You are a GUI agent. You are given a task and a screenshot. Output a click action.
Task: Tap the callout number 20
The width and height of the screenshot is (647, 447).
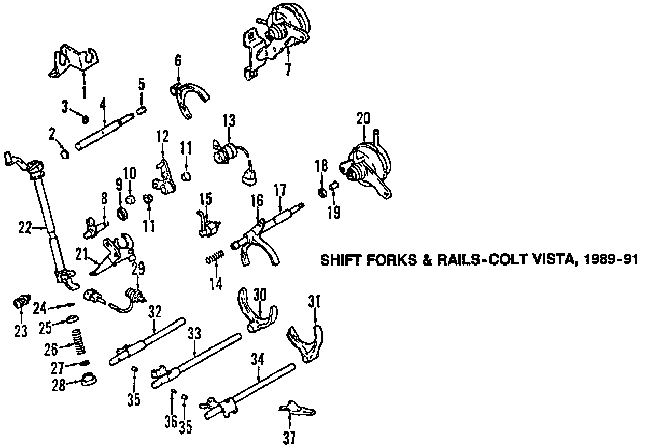point(363,119)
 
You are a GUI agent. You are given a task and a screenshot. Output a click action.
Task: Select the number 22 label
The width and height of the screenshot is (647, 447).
point(24,228)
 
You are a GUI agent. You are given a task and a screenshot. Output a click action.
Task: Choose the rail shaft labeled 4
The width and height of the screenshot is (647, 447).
point(104,134)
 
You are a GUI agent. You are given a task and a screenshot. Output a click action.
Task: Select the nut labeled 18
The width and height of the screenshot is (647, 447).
point(321,192)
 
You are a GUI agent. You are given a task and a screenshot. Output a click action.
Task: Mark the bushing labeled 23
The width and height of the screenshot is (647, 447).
point(21,301)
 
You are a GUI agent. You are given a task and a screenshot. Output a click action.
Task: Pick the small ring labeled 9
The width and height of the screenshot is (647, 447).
point(123,212)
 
